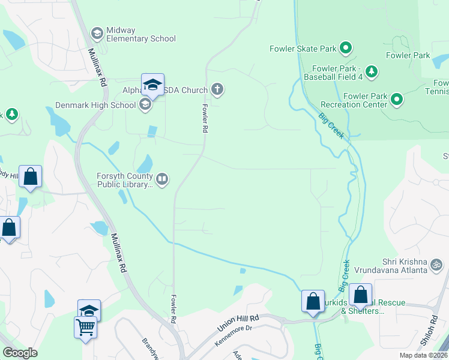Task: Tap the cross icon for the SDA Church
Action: (217, 90)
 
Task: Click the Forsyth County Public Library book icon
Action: (162, 178)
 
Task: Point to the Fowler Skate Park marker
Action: (345, 47)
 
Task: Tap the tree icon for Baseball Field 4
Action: (372, 72)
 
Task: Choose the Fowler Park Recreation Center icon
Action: (396, 100)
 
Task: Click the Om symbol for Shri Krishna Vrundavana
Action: (436, 263)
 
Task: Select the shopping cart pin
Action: (86, 327)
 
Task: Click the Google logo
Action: (20, 353)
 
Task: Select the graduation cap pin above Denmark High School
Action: (153, 84)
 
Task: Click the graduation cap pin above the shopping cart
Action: (89, 310)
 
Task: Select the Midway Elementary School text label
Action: (140, 35)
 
